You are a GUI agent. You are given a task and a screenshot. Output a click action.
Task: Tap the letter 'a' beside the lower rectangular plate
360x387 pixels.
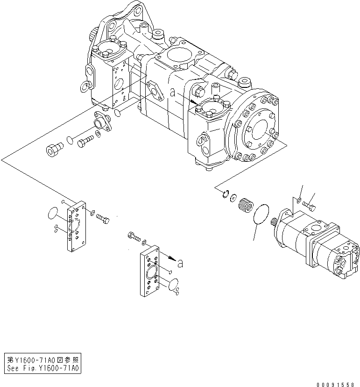point(180,263)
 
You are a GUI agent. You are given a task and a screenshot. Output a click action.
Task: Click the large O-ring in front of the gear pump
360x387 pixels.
point(262,215)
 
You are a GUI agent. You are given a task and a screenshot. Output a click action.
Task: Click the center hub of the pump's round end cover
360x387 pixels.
point(256,128)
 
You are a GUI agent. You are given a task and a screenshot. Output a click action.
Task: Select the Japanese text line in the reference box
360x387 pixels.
point(43,360)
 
